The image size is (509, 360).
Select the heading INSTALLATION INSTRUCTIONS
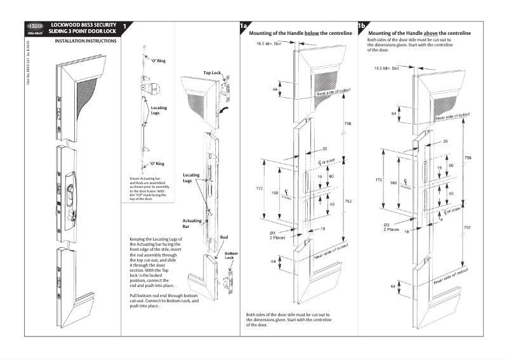click(x=86, y=41)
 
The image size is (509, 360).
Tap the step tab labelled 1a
click(x=243, y=27)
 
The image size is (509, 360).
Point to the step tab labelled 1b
click(x=362, y=27)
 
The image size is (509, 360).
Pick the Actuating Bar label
click(x=192, y=223)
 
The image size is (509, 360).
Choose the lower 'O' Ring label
click(x=158, y=164)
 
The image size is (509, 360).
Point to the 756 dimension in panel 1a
click(x=347, y=123)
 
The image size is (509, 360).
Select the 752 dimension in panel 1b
click(x=467, y=227)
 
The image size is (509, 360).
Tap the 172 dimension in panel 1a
click(x=258, y=189)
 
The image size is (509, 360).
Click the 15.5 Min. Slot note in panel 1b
click(x=386, y=67)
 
